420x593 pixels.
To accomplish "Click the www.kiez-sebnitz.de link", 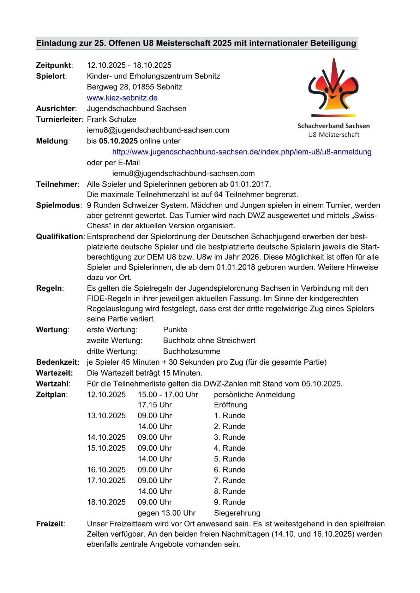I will point(122,98).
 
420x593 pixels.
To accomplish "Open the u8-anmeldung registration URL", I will point(242,152).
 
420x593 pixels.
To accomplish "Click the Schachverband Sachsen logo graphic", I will point(333,88).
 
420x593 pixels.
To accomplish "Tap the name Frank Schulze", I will point(112,119).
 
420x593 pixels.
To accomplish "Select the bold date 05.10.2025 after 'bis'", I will point(118,141).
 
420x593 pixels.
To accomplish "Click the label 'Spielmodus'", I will point(58,205).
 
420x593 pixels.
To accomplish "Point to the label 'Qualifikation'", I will point(60,236).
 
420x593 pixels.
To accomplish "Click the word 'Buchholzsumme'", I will point(192,351).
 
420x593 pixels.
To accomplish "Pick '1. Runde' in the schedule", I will point(229,415).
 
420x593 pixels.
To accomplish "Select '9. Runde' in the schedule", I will point(229,502).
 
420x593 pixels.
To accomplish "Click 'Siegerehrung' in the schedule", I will point(237,513).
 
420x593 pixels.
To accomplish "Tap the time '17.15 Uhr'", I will point(155,405).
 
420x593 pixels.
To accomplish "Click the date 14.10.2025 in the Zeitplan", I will point(106,437).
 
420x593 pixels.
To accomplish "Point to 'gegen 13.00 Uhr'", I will point(167,513).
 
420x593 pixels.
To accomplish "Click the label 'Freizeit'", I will point(50,524).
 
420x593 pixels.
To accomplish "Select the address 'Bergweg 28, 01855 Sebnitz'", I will point(134,87).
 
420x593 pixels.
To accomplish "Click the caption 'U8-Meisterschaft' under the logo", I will point(334,135).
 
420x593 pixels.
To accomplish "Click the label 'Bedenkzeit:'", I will point(58,362).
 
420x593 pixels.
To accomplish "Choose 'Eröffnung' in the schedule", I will point(230,405).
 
